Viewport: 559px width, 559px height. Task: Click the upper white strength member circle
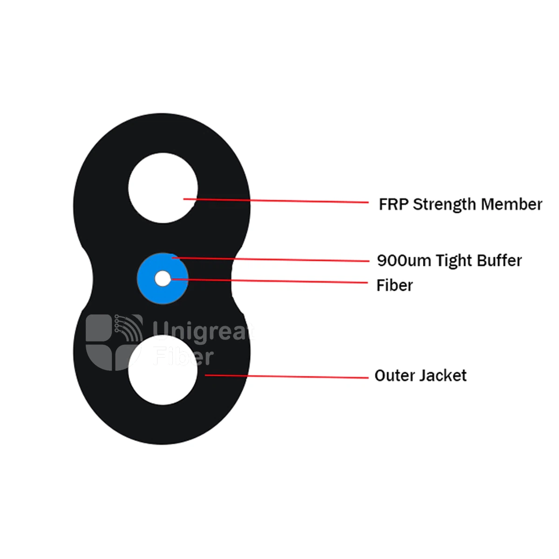click(163, 188)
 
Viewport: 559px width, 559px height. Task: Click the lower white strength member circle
click(163, 370)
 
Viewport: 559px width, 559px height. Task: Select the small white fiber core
click(163, 279)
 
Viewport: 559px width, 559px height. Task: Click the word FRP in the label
click(394, 204)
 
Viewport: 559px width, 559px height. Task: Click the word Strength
click(445, 205)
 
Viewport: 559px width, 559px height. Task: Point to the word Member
click(511, 204)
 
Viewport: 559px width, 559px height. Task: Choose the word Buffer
click(499, 260)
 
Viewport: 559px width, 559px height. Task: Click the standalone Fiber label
click(395, 285)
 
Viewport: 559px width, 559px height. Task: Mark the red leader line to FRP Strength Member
click(276, 200)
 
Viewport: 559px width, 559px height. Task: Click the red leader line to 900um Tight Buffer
click(270, 259)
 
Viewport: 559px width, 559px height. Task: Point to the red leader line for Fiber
click(270, 281)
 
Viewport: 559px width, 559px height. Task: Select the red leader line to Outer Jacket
click(286, 376)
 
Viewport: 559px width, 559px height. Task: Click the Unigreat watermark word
click(204, 332)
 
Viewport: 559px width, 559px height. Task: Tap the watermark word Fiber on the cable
click(184, 356)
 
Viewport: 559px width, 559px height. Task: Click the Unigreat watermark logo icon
click(114, 342)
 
